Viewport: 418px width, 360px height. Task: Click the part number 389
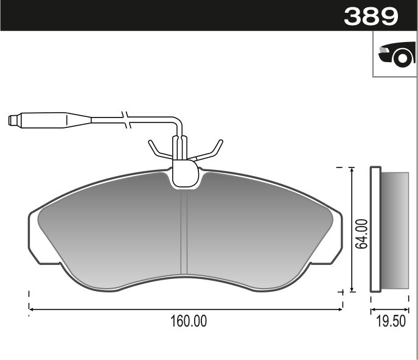click(371, 16)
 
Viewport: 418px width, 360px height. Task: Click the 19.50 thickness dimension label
click(391, 322)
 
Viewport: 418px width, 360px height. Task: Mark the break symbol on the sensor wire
click(126, 119)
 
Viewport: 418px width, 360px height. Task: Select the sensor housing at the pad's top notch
click(186, 174)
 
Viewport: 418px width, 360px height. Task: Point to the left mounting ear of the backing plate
click(35, 238)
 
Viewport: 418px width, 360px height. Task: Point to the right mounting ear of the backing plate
click(336, 238)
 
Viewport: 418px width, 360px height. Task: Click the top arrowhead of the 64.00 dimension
click(351, 169)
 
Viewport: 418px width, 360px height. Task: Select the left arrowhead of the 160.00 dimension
click(32, 309)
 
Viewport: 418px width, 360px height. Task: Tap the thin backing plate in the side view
click(375, 230)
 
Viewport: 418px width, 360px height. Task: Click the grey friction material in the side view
click(395, 230)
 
